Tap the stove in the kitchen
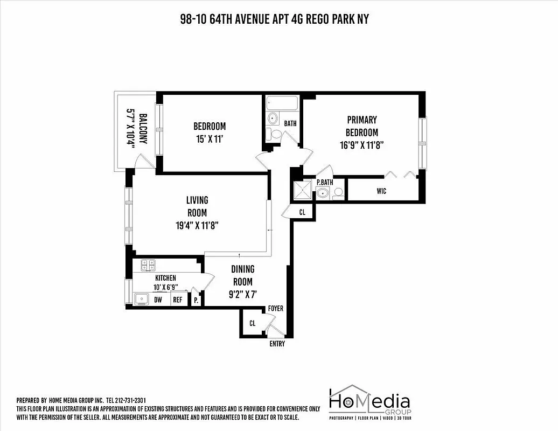148,265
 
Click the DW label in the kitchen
158,300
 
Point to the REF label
177,300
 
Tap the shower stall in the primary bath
303,190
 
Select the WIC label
381,191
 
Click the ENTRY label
277,344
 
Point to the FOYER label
275,309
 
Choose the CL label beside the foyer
252,323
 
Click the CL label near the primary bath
302,212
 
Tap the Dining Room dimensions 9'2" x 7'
242,295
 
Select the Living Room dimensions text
197,226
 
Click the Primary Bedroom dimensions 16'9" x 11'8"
361,145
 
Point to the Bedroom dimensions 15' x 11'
210,140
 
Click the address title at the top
274,19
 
